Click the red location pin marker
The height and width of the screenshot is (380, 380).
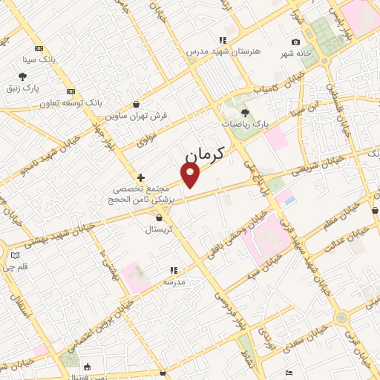[191, 174]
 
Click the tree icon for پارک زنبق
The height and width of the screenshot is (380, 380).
[23, 76]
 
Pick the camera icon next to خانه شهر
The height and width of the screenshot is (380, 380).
[295, 42]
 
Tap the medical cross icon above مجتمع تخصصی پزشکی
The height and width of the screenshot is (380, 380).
[141, 177]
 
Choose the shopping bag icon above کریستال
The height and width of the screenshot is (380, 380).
[161, 218]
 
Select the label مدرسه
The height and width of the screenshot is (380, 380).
[174, 282]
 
